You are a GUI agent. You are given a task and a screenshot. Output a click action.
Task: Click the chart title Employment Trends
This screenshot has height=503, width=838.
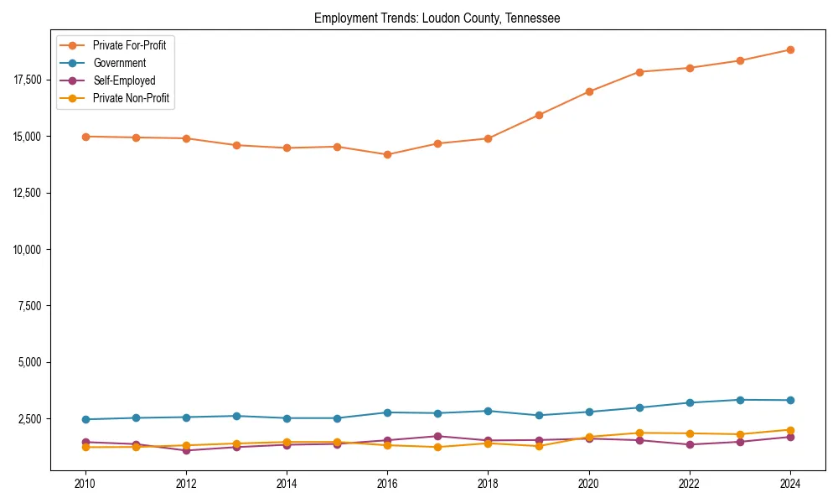pyautogui.click(x=437, y=18)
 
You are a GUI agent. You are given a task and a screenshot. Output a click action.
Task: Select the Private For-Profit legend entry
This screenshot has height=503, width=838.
pyautogui.click(x=129, y=45)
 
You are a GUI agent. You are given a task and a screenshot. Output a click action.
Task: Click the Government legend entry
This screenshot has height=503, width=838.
pyautogui.click(x=119, y=63)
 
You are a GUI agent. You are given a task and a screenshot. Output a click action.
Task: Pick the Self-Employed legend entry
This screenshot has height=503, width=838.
pyautogui.click(x=124, y=80)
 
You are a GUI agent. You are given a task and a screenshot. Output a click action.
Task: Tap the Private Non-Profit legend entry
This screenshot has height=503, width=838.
pyautogui.click(x=131, y=98)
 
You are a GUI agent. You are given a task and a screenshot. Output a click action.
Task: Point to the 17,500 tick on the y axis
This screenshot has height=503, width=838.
pyautogui.click(x=27, y=80)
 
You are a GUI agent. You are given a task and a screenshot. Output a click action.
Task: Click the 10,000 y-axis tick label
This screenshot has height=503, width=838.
pyautogui.click(x=27, y=250)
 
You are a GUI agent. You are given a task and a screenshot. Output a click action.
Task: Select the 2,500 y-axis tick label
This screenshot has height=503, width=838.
pyautogui.click(x=29, y=419)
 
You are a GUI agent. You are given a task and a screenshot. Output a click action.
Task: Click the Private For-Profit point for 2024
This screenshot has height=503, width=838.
pyautogui.click(x=790, y=49)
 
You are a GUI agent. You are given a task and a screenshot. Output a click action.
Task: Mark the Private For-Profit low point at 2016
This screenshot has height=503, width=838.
pyautogui.click(x=387, y=154)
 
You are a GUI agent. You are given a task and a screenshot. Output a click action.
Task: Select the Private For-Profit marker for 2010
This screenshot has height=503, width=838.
pyautogui.click(x=85, y=137)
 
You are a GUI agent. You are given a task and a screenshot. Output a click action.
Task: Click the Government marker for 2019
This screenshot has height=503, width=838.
pyautogui.click(x=539, y=415)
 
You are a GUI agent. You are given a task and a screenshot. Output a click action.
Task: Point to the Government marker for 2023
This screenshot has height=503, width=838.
pyautogui.click(x=740, y=400)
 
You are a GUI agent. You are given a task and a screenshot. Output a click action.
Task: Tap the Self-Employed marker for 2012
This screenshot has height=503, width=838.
pyautogui.click(x=186, y=450)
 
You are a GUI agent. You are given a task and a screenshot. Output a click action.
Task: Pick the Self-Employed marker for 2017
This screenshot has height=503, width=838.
pyautogui.click(x=437, y=436)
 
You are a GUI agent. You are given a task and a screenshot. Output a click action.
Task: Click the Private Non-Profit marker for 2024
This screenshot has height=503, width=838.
pyautogui.click(x=790, y=430)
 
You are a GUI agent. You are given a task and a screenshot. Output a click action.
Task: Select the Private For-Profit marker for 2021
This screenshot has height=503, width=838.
pyautogui.click(x=639, y=72)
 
